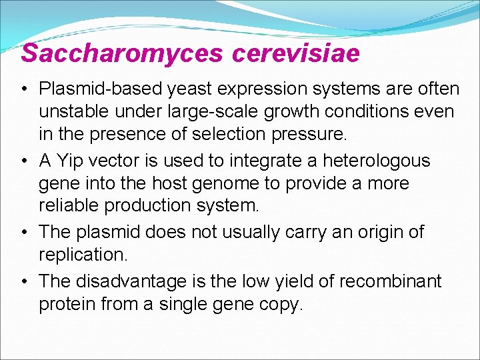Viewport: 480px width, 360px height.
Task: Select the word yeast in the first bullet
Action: pyautogui.click(x=185, y=89)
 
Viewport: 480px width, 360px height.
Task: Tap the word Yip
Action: pyautogui.click(x=67, y=161)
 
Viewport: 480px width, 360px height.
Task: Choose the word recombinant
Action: pyautogui.click(x=391, y=281)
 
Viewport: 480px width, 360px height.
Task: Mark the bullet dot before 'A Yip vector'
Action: pyautogui.click(x=23, y=161)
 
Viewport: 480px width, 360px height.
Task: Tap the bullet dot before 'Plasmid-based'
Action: pyautogui.click(x=23, y=89)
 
